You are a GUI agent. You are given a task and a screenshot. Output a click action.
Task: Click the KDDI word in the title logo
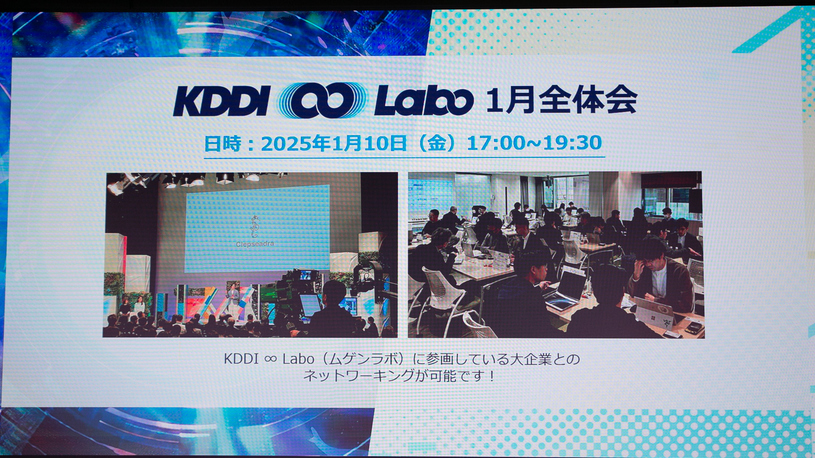click(x=222, y=101)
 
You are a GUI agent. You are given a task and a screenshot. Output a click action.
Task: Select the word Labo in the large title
click(x=424, y=101)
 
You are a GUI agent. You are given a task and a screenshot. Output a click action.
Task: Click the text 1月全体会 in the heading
click(x=561, y=100)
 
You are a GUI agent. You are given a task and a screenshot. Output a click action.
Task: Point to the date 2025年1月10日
click(x=334, y=143)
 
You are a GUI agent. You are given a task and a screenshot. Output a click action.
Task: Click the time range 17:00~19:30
click(x=534, y=143)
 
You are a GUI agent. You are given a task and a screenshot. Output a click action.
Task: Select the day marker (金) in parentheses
click(x=437, y=143)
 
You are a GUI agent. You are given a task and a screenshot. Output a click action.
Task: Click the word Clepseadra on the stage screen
click(x=255, y=244)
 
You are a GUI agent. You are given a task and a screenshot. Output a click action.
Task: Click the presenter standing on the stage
click(x=233, y=300)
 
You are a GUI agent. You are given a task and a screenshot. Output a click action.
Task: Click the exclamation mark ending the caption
click(x=492, y=376)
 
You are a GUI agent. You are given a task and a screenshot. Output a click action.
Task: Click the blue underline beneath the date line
click(x=405, y=157)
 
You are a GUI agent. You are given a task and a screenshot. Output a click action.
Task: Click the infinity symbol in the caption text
click(x=270, y=359)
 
